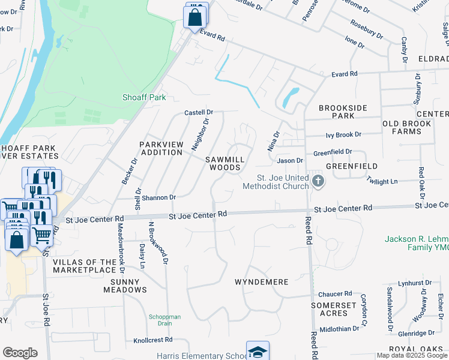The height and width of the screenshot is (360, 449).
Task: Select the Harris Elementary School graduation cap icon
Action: coord(258,352)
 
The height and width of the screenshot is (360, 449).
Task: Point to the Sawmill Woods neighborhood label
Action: coord(226,163)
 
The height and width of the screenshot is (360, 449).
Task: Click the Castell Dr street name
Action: coord(199,112)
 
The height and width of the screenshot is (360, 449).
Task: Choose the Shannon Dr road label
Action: coord(158,197)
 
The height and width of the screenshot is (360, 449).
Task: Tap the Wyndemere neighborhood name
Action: coord(261,281)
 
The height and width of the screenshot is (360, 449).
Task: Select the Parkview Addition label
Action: coord(161,148)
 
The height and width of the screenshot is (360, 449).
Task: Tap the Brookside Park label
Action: coord(346,111)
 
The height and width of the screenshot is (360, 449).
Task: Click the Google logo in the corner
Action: coord(20,352)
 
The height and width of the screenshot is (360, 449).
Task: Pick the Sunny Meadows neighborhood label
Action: coord(121,286)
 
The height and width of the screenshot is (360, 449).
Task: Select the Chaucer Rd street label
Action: coord(335,293)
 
